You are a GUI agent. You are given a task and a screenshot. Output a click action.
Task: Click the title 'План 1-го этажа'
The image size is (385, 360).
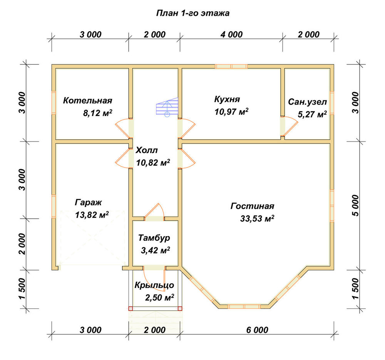[x=193, y=13]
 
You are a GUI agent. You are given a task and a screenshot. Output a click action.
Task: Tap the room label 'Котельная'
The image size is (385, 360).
[x=87, y=101]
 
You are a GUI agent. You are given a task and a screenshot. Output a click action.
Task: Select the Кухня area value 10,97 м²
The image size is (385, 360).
[x=231, y=112]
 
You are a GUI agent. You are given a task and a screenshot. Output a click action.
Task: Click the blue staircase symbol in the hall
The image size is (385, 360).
[x=167, y=107]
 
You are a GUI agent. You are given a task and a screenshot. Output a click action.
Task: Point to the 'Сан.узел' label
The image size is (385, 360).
[x=307, y=102]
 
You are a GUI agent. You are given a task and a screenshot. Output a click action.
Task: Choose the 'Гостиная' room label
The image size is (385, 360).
[x=252, y=206]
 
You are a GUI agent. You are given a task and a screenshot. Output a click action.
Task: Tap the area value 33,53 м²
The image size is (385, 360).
[x=257, y=219]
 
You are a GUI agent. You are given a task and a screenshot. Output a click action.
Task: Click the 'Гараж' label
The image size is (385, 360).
[x=88, y=202]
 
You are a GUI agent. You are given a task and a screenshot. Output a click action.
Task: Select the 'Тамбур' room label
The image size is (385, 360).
[x=154, y=238]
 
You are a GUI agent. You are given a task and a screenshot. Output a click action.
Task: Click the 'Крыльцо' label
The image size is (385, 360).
[x=154, y=285]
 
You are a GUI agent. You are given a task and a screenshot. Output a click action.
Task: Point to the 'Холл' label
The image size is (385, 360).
[x=147, y=150]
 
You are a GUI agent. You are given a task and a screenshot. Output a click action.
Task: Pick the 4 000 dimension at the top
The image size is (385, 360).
[x=231, y=34]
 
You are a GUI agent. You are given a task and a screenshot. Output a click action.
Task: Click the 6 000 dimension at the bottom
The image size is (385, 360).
[x=257, y=330]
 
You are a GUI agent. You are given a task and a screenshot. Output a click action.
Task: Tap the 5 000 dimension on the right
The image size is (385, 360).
[x=355, y=206]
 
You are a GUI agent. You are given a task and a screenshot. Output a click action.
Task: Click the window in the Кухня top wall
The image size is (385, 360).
[x=231, y=66]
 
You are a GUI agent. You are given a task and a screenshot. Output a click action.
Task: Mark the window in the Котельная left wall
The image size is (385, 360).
[x=54, y=103]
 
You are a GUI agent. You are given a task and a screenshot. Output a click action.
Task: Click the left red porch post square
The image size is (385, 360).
[x=131, y=309]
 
